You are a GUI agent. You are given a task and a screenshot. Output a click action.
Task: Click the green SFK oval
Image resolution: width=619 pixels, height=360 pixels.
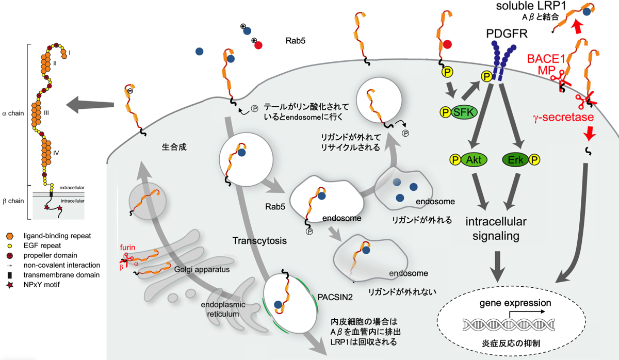click(464, 112)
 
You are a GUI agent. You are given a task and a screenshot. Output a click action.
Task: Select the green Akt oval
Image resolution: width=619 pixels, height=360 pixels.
click(474, 160)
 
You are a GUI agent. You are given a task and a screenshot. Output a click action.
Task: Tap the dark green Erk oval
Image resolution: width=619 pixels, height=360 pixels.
click(515, 160)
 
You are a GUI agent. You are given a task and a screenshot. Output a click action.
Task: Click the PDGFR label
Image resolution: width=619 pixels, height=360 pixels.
click(507, 34)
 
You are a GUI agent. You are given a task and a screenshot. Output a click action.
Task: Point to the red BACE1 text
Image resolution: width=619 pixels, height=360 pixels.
click(546, 59)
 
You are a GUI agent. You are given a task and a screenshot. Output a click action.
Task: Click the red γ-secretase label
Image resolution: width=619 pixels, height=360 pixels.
click(563, 118)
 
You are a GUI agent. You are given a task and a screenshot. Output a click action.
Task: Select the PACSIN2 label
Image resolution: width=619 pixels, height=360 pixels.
click(335, 297)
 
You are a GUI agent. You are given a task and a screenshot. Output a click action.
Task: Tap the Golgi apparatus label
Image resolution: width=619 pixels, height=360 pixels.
click(202, 269)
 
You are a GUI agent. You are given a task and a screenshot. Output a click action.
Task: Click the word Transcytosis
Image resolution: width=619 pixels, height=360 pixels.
click(259, 241)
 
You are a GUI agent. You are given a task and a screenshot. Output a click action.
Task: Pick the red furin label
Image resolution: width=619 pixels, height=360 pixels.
click(127, 247)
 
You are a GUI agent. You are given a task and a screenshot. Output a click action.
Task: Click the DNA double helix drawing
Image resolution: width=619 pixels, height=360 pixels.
click(509, 324)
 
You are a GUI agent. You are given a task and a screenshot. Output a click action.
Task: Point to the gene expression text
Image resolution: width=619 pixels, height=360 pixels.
click(515, 303)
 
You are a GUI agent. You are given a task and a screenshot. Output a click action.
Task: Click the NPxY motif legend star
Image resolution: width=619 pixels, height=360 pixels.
click(10, 285)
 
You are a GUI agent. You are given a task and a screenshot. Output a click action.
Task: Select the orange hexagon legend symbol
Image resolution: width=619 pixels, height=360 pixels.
click(10, 236)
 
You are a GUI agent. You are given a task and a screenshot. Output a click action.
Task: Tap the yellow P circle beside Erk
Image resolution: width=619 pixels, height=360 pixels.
click(534, 160)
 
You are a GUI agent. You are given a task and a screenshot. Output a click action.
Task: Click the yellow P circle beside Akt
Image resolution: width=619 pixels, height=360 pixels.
click(455, 160)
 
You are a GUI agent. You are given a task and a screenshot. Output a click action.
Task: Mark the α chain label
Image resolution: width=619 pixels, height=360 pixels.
click(13, 113)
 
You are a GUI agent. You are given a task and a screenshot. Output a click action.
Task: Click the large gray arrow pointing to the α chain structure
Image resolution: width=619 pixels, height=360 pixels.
click(90, 105)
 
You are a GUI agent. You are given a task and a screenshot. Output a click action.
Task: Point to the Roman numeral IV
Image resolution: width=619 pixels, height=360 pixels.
click(56, 153)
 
